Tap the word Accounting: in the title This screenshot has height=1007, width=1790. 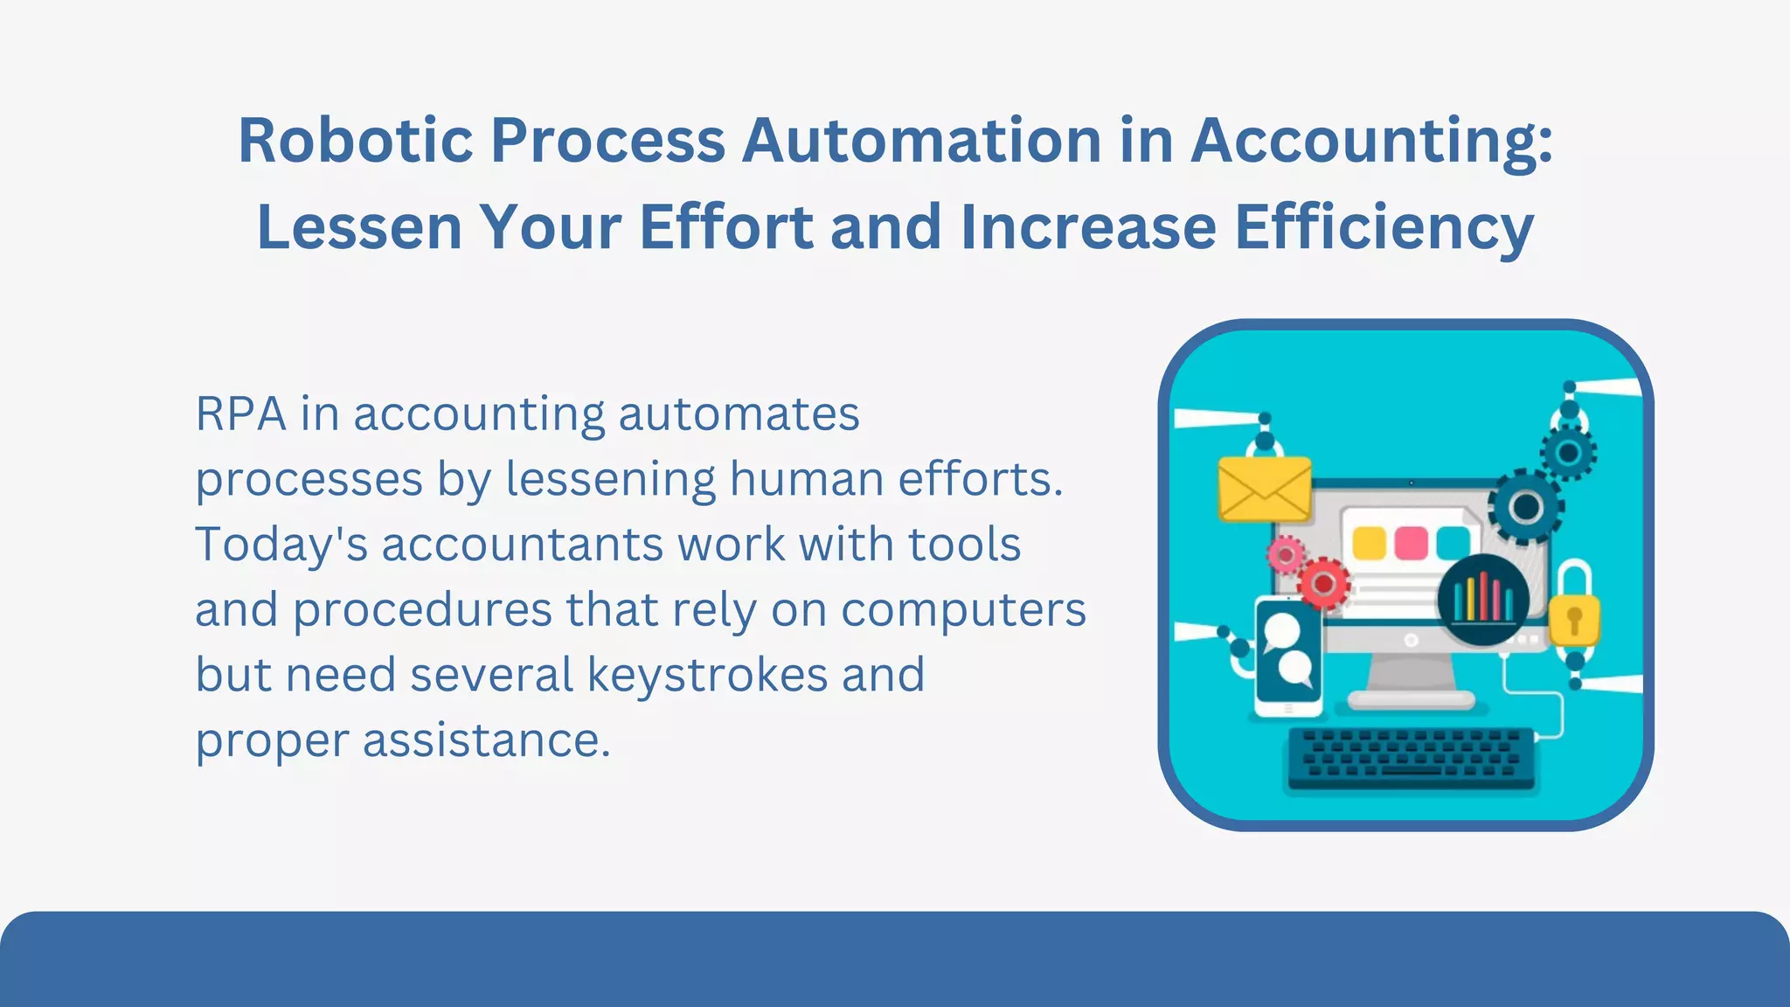[1372, 142]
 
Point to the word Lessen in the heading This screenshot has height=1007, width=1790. [359, 227]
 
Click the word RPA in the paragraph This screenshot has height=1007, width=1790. [240, 414]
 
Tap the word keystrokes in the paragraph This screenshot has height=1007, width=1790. [706, 675]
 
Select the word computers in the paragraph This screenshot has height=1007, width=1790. [963, 609]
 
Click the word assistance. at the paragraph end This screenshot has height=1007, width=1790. [486, 740]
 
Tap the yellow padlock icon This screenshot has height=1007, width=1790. [1574, 617]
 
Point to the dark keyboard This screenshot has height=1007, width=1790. [1411, 757]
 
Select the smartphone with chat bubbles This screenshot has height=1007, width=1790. [1287, 656]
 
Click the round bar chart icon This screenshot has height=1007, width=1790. [1483, 600]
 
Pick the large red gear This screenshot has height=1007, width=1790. [1323, 583]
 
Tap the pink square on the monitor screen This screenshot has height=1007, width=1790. [1411, 542]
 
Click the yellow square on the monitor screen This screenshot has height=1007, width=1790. [1369, 543]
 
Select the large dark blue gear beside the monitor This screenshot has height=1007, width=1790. [1525, 506]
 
